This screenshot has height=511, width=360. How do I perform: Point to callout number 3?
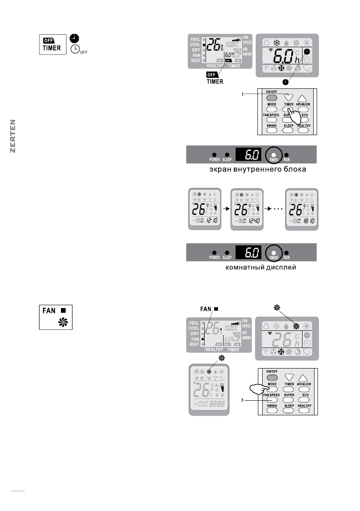point(243,400)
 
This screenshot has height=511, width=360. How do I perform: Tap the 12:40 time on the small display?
point(252,221)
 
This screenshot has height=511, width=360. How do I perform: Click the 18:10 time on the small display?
point(308,221)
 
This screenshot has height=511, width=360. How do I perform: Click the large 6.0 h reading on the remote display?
point(285,55)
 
